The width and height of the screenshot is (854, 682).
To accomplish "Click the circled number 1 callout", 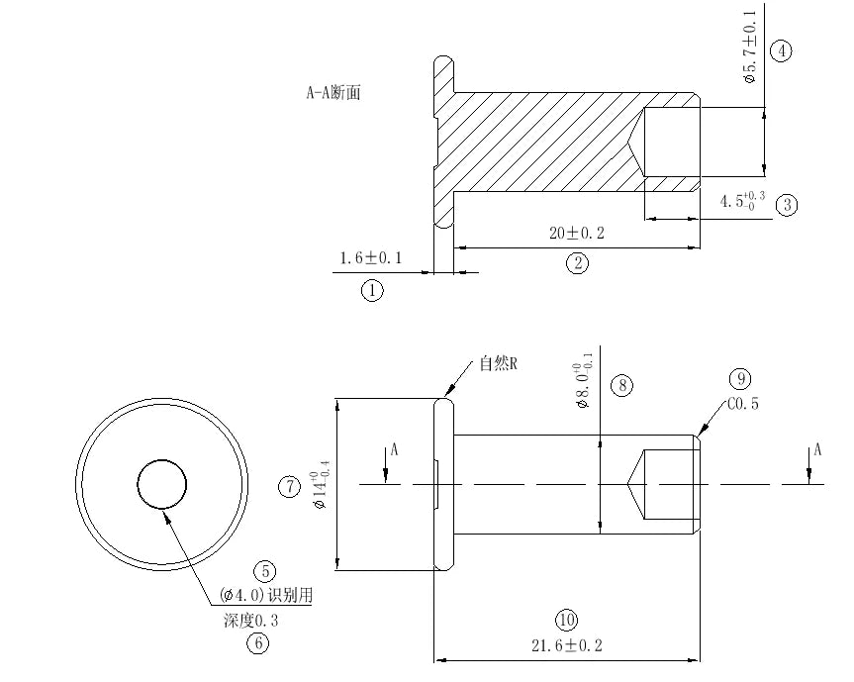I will coord(372,291).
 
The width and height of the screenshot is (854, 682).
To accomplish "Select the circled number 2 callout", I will coord(577,263).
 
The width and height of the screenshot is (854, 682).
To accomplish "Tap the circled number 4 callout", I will coord(781,51).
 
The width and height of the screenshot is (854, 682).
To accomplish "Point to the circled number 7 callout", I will coord(289,486).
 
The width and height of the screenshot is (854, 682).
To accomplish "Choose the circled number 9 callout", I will coord(741,378).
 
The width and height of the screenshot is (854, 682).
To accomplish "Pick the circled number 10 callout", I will coord(566,621).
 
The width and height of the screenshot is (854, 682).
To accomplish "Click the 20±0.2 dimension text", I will coord(577,234).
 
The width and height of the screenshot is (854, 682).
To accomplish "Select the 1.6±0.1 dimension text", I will coord(370,258).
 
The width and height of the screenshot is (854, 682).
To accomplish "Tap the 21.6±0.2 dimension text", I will coord(566,645).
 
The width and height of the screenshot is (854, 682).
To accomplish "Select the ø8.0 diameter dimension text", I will coord(586,379).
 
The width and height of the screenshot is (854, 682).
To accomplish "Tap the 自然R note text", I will coord(500,363).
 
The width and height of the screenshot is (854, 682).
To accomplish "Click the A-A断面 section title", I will coord(333,93).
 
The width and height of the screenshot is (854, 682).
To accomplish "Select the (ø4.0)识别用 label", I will coord(266,595).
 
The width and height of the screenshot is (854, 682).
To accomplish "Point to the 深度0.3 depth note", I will coord(252,621).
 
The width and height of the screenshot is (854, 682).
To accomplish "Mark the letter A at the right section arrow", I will coord(817,449).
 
